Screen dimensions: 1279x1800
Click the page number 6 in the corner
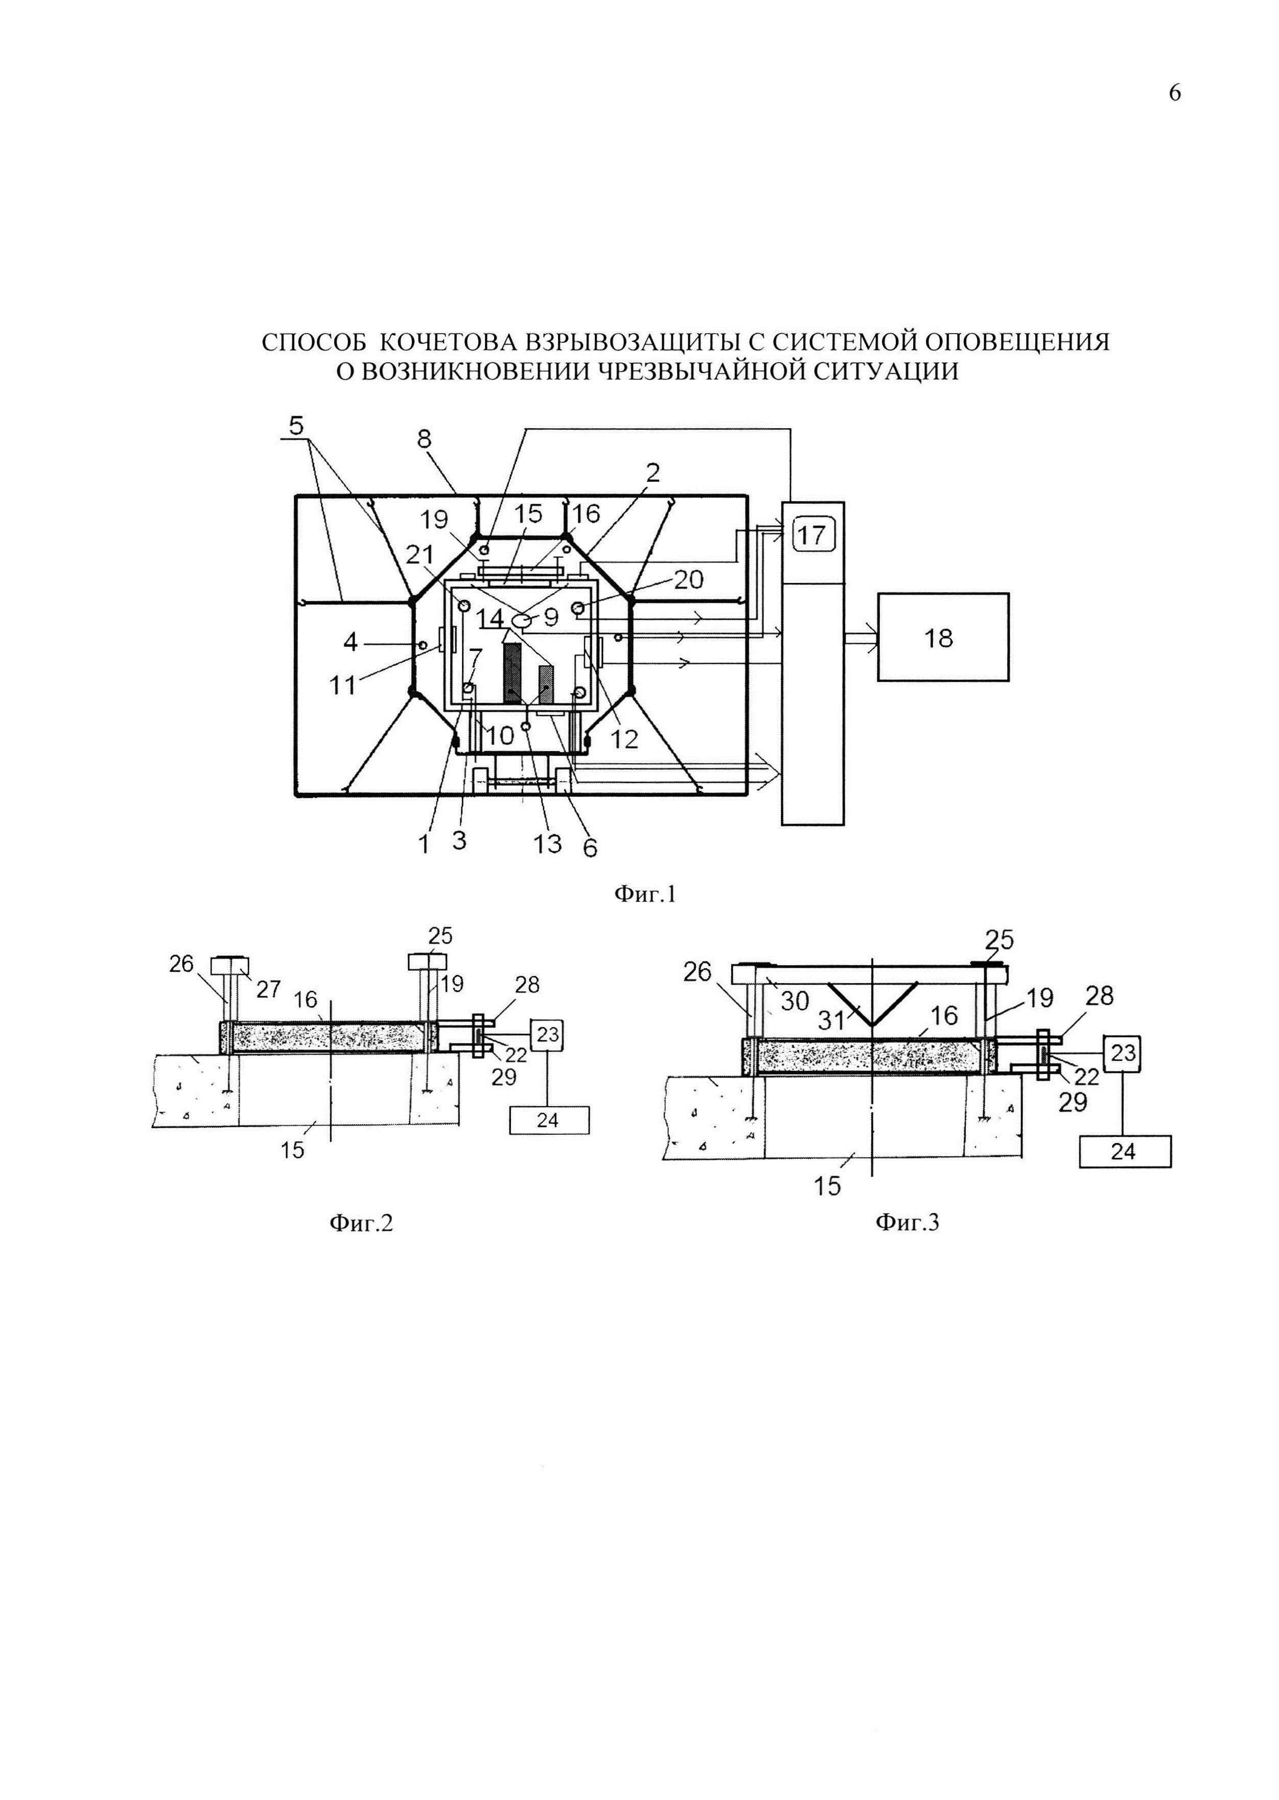pyautogui.click(x=1174, y=93)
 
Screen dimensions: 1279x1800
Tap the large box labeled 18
pyautogui.click(x=943, y=637)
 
